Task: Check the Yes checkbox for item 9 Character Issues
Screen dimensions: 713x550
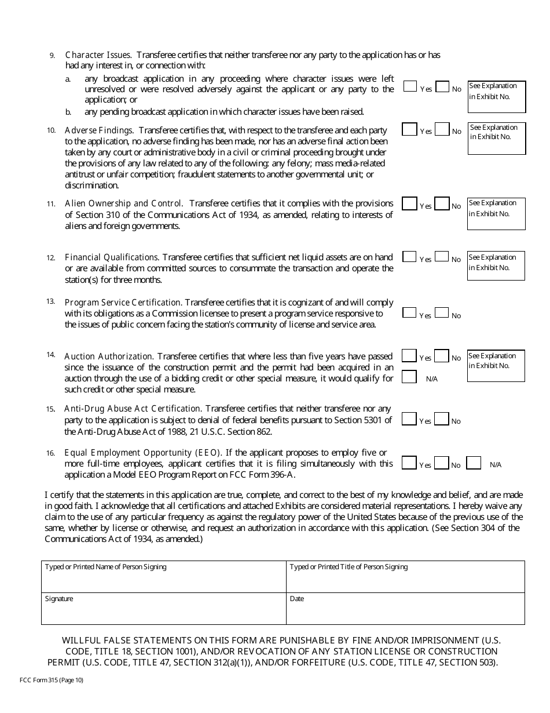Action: click(x=410, y=86)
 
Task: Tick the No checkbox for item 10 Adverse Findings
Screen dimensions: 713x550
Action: click(x=442, y=129)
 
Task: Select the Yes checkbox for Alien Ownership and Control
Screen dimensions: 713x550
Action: click(x=409, y=203)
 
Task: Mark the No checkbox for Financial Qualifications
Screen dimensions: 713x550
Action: click(x=442, y=257)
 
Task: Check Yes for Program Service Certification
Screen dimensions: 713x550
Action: click(x=409, y=313)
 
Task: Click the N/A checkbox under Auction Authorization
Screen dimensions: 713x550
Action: click(x=409, y=377)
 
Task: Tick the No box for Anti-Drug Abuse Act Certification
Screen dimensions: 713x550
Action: click(x=442, y=419)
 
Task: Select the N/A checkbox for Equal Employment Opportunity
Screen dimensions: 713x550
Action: click(x=474, y=463)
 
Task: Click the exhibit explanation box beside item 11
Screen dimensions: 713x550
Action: click(x=496, y=213)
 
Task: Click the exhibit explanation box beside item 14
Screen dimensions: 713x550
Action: click(x=496, y=366)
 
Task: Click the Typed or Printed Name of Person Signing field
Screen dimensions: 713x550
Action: click(x=164, y=577)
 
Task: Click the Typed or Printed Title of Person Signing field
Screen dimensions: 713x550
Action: click(x=406, y=577)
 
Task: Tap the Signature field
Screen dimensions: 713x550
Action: click(x=164, y=609)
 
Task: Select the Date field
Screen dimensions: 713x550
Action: click(x=406, y=609)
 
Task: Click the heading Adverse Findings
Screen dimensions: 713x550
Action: click(x=99, y=130)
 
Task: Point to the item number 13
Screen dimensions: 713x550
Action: click(x=51, y=301)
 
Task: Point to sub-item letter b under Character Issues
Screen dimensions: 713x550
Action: click(x=68, y=112)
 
